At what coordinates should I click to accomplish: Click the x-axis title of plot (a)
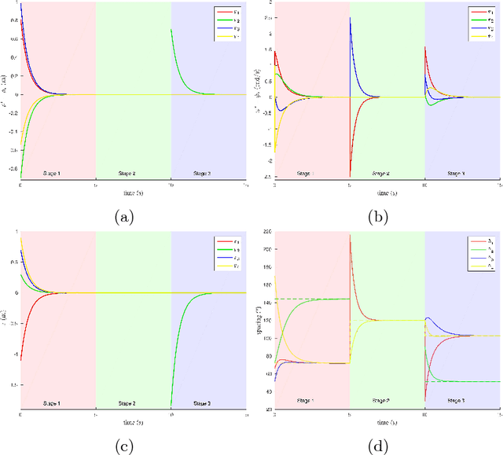click(x=133, y=193)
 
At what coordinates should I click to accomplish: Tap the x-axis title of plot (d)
click(x=387, y=422)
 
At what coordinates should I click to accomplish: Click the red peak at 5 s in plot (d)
click(x=351, y=235)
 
